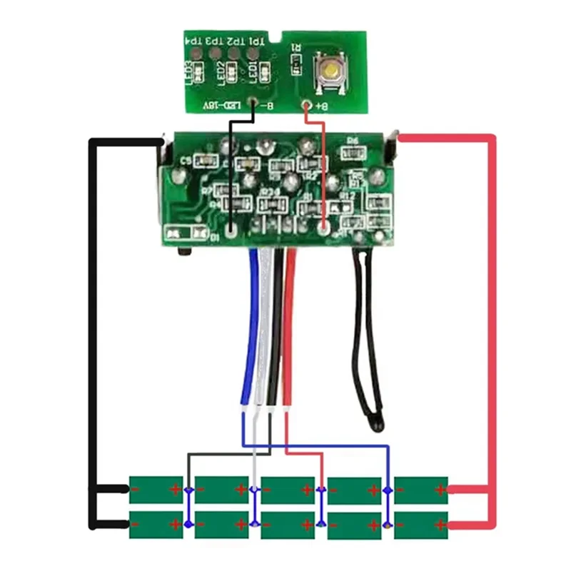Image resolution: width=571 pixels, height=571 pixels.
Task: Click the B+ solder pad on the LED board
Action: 308,106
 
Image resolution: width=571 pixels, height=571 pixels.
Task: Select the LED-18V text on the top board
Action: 223,106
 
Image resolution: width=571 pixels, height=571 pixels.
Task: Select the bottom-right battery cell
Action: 421,525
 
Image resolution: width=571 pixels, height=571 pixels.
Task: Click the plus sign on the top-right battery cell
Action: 440,490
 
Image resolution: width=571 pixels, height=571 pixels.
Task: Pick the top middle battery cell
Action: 288,490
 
